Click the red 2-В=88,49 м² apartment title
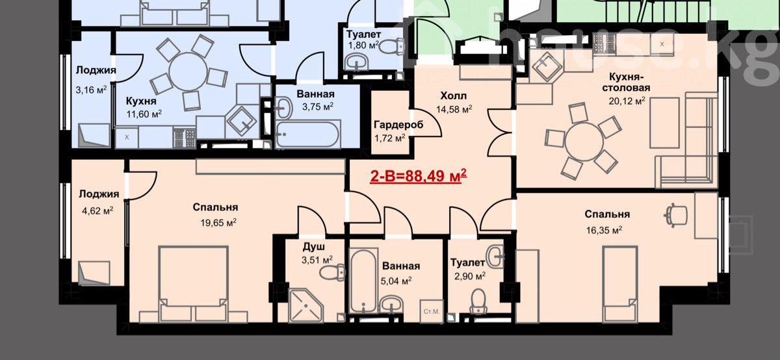coord(418,176)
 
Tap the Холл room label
coord(454,96)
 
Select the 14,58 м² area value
coord(454,109)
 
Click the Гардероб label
coord(398,125)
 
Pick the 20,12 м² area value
coord(627,101)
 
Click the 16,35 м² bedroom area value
coord(604,230)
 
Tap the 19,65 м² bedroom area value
coord(218,222)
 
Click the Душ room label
coord(314,247)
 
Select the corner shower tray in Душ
coord(305,305)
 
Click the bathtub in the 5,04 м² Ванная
coord(363,281)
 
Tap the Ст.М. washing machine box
coord(432,311)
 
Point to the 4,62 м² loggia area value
coord(97,211)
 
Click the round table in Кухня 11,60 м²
coord(188,71)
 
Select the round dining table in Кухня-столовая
coord(584,142)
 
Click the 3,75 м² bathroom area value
coord(318,106)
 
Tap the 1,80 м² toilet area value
coord(363,45)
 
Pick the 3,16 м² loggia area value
coord(91,90)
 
